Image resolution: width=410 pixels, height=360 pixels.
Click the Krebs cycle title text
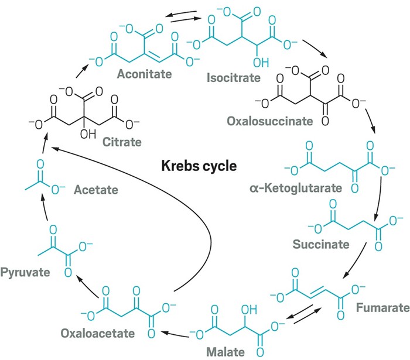click(199, 166)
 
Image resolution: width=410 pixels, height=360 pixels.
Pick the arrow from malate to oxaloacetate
click(175, 334)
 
